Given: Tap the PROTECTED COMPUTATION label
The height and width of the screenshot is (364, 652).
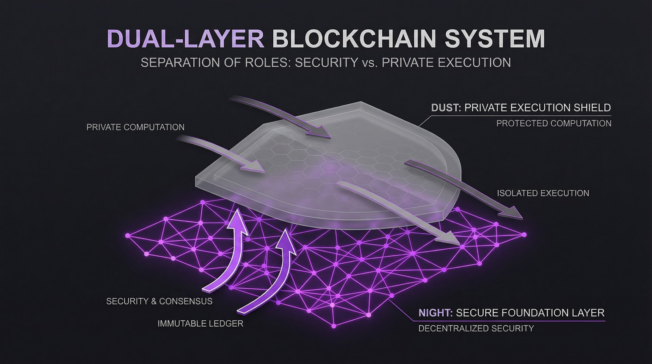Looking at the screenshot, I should [554, 123].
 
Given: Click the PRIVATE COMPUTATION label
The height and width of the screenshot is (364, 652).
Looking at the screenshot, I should [136, 127].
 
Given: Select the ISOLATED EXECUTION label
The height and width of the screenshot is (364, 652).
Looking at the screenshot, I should [543, 193].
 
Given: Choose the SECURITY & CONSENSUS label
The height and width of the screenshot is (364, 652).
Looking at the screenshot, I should [159, 301].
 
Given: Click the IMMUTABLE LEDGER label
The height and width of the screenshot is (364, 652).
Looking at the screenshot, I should [200, 323].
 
